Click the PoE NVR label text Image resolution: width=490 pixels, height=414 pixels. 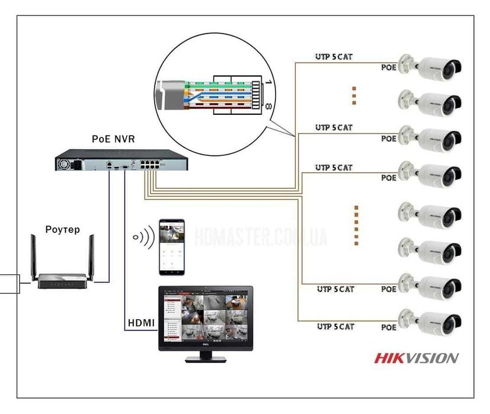click(113, 139)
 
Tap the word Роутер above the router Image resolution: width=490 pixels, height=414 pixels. click(62, 229)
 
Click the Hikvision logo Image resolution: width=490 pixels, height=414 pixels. click(416, 358)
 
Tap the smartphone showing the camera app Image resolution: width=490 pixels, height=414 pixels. click(171, 247)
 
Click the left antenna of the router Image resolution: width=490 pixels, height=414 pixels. click(34, 255)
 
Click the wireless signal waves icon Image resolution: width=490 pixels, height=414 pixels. click(143, 238)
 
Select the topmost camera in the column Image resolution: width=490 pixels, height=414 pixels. click(430, 67)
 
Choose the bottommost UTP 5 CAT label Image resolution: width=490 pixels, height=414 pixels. click(335, 326)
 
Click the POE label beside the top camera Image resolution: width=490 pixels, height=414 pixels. click(389, 68)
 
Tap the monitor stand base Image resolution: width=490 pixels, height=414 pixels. click(206, 359)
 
